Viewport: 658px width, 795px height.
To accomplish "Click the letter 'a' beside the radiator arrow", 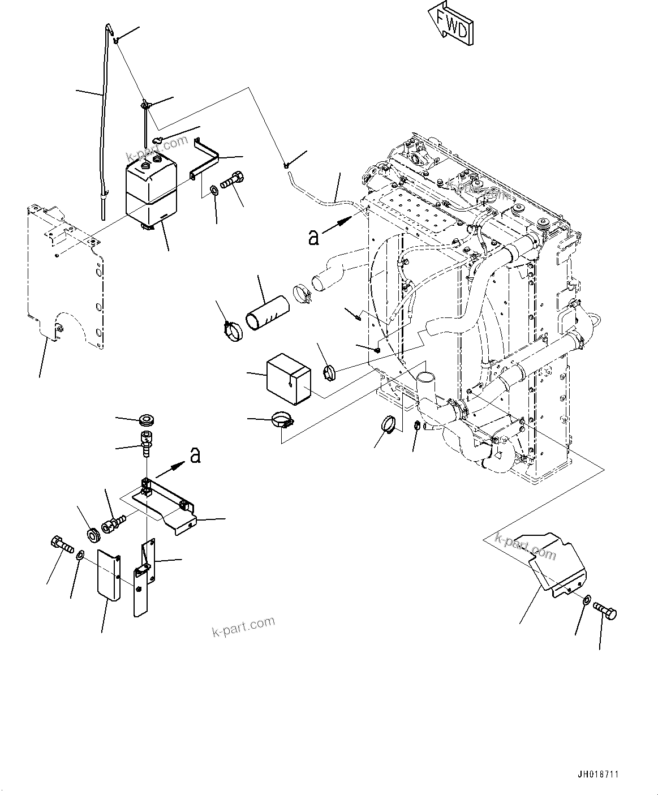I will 313,238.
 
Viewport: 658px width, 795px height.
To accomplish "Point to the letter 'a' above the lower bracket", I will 195,455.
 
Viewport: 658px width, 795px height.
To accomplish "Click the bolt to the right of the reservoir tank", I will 232,181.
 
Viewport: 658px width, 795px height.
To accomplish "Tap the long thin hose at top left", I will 102,124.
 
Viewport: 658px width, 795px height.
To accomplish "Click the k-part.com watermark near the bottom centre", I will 243,626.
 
